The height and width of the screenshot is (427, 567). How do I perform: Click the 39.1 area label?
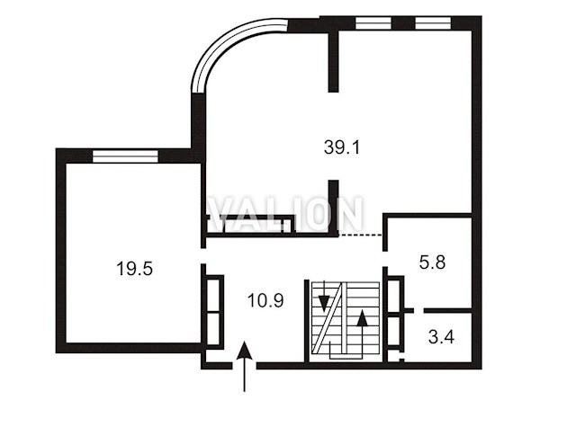[342, 147]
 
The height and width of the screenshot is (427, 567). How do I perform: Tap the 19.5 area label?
[134, 269]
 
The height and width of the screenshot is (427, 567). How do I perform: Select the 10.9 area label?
[265, 300]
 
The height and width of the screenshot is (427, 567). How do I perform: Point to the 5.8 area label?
[432, 262]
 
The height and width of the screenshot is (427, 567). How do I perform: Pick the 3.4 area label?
[441, 337]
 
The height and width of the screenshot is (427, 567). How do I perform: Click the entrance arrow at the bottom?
[245, 366]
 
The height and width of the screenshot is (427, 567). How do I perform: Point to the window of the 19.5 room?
[125, 156]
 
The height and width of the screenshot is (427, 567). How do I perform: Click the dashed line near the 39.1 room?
[361, 236]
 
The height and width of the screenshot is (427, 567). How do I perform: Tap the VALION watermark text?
[285, 214]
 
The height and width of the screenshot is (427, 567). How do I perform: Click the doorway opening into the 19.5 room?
[203, 256]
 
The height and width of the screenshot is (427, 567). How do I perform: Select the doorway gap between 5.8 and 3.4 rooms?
[419, 310]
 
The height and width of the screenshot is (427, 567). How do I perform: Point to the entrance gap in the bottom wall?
[245, 366]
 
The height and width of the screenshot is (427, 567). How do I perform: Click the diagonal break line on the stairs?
[328, 318]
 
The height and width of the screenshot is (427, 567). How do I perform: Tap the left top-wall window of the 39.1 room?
[373, 23]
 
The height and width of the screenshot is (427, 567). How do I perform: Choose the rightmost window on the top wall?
[433, 23]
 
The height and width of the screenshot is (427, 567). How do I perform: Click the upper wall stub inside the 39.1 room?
[333, 61]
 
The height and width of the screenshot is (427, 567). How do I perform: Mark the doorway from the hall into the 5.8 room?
[385, 259]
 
